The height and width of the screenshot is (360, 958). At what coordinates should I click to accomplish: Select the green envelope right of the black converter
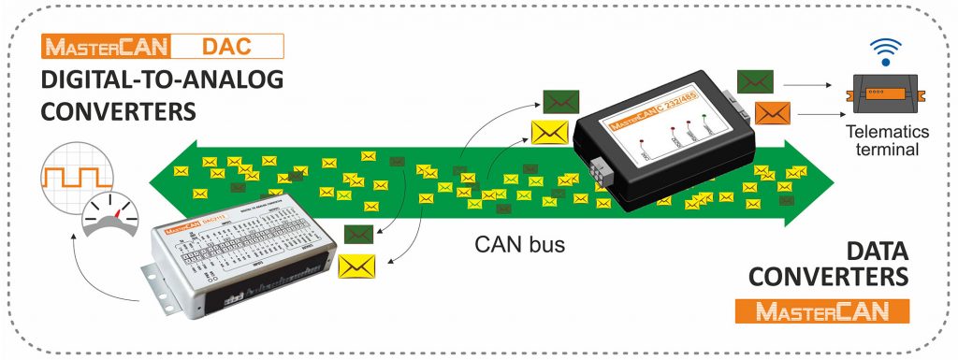[754, 81]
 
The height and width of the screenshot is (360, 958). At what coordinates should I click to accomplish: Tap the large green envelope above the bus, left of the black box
[559, 101]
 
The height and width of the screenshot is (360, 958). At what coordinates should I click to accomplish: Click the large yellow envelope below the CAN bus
[356, 266]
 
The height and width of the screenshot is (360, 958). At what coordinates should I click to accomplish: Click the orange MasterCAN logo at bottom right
[822, 311]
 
